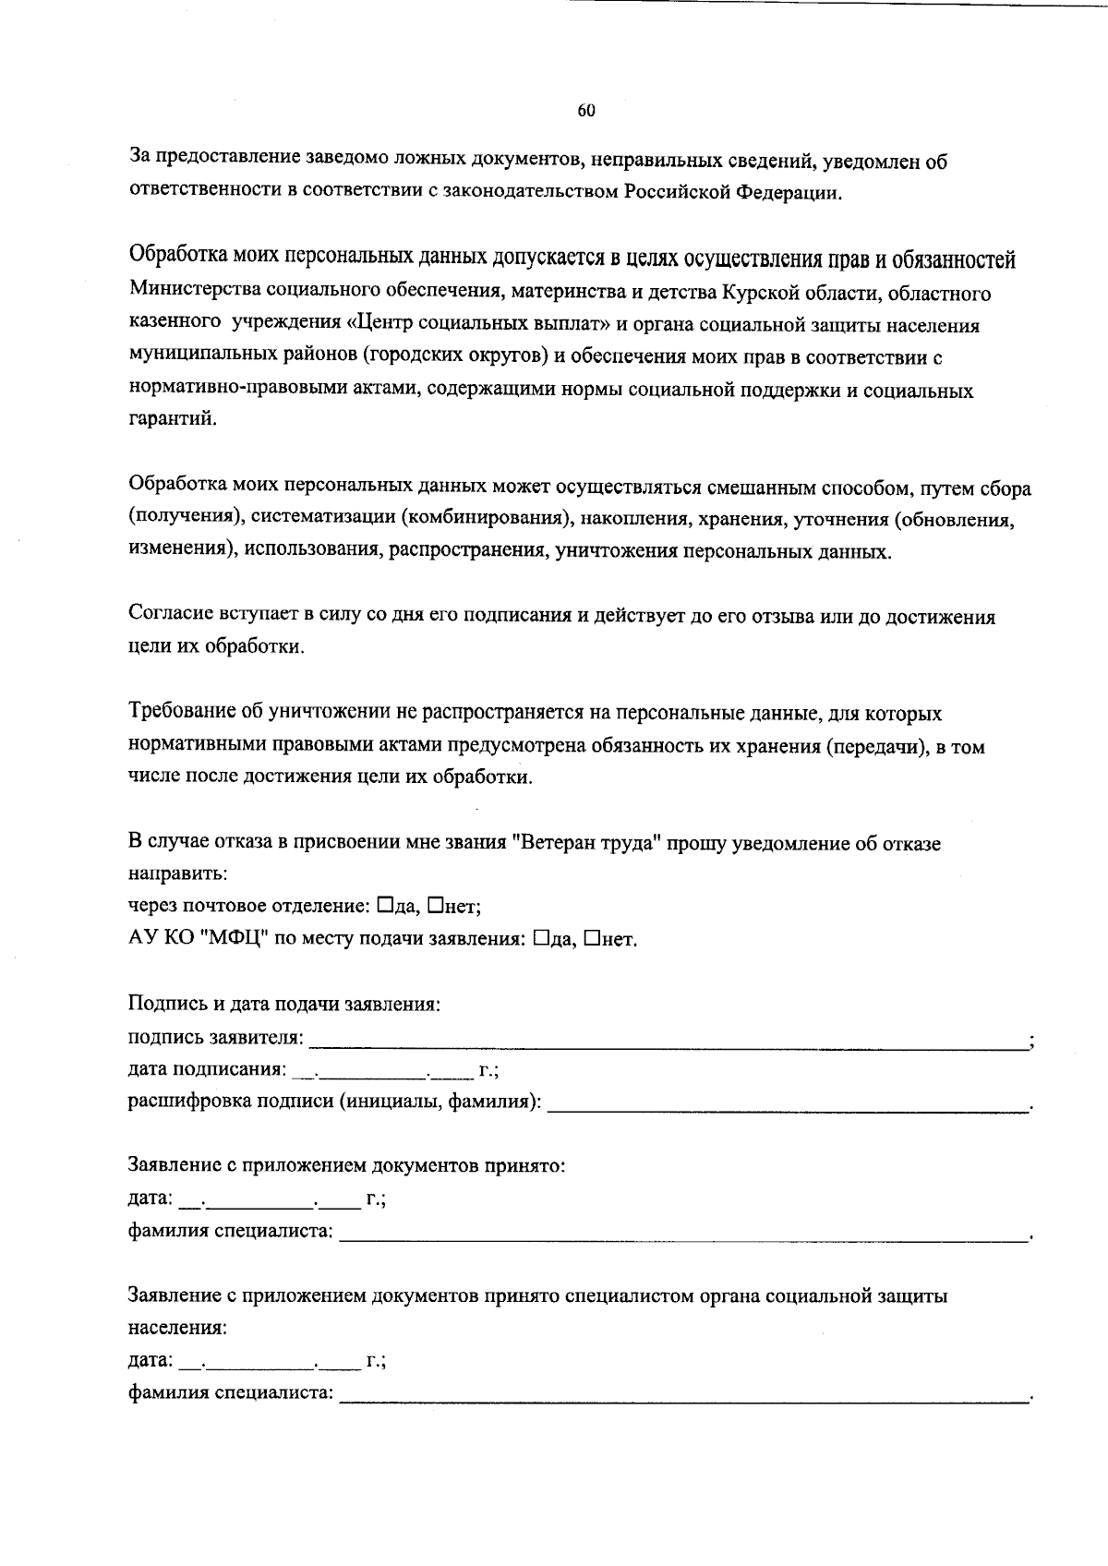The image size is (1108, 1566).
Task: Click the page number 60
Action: coord(586,111)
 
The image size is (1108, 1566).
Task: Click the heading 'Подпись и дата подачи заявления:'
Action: coord(283,1004)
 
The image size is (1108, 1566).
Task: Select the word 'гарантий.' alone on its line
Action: coord(173,420)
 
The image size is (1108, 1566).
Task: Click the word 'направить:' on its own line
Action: coord(177,873)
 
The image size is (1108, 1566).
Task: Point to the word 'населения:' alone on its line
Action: coord(177,1329)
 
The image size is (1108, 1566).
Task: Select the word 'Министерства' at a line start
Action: coord(194,294)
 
